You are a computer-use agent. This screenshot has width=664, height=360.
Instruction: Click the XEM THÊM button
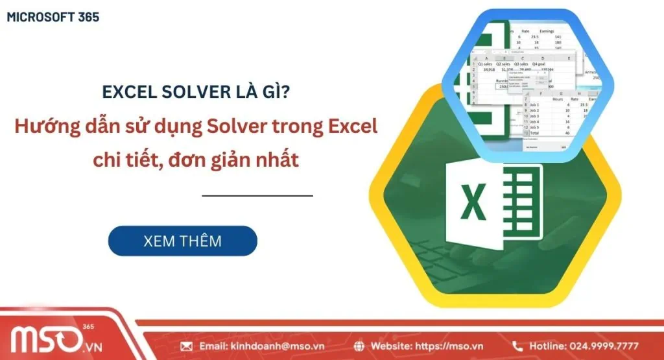(x=182, y=241)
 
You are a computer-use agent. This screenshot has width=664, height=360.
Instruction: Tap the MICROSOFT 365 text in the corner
(x=53, y=18)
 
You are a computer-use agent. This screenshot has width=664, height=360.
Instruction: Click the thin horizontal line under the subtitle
(x=257, y=195)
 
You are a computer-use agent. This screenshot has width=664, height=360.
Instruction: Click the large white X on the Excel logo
(x=474, y=202)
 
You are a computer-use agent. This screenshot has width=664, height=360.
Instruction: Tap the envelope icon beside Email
(x=187, y=346)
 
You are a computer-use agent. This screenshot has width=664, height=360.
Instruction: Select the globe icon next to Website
(x=361, y=346)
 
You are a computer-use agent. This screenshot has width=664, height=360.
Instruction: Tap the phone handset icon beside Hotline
(x=517, y=346)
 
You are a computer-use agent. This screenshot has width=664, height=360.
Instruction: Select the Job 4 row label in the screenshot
(x=536, y=121)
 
